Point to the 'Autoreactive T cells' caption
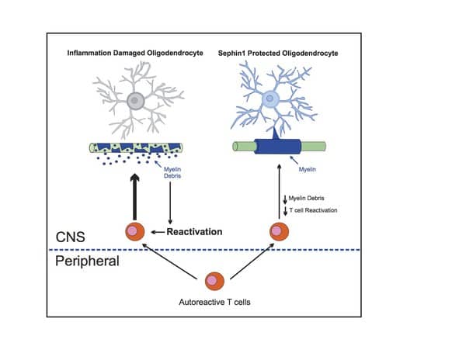[x=214, y=299]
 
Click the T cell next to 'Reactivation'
[x=135, y=231]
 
